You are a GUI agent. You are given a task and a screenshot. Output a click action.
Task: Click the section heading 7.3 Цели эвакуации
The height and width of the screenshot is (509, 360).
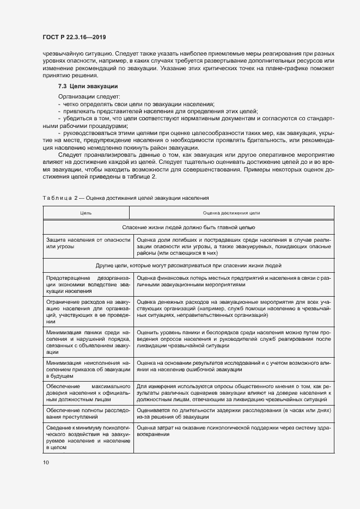[x=88, y=87]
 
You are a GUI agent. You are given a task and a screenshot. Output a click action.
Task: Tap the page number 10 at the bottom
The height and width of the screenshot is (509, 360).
[x=46, y=462]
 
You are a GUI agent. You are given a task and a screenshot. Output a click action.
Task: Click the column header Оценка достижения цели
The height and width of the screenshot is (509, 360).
[x=231, y=213]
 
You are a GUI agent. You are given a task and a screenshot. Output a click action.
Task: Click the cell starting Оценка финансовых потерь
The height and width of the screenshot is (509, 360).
[x=233, y=281]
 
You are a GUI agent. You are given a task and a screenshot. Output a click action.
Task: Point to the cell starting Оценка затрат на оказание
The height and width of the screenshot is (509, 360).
[x=233, y=431]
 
